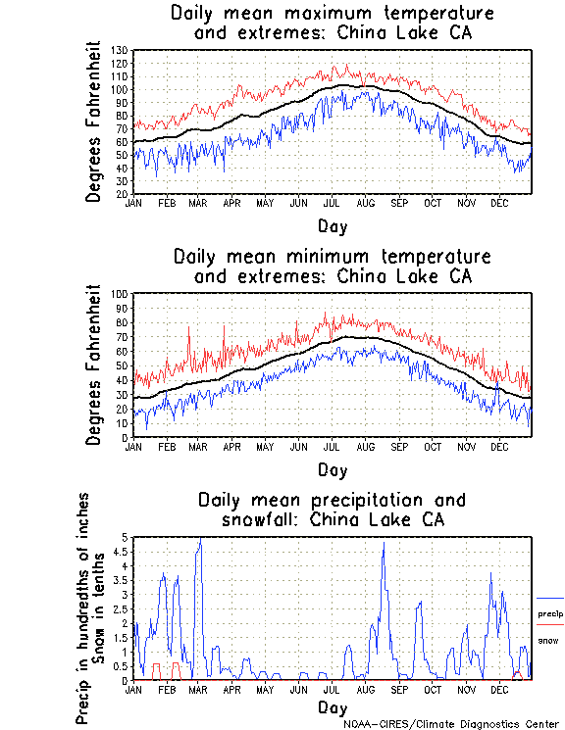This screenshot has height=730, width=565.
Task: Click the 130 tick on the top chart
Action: (x=121, y=50)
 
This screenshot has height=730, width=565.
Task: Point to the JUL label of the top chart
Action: (x=332, y=203)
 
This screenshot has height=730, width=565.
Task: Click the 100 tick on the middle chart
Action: (x=121, y=293)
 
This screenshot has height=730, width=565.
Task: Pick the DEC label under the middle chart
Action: (x=499, y=446)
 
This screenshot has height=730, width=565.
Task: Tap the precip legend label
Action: (x=549, y=614)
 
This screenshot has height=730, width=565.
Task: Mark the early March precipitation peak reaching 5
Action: (x=200, y=538)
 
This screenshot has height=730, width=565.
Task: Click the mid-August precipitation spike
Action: (x=383, y=544)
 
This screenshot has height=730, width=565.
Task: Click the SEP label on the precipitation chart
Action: (x=398, y=689)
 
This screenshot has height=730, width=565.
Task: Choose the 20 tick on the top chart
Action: (x=123, y=194)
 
